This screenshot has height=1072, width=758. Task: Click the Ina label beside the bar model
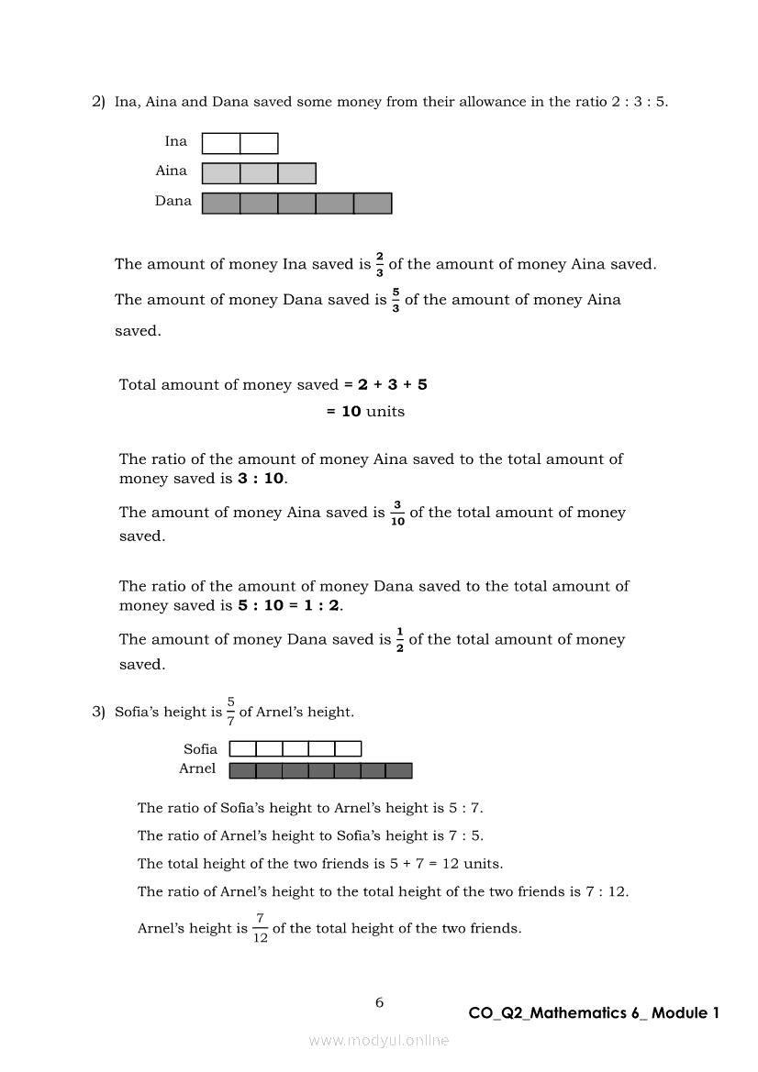coord(175,141)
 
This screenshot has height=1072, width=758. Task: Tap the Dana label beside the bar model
coord(173,201)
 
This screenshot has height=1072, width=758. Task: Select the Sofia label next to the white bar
coord(200,749)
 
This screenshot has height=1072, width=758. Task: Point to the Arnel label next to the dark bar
coord(197,768)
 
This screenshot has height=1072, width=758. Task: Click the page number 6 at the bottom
coord(379,1002)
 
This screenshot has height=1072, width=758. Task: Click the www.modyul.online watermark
coord(379,1040)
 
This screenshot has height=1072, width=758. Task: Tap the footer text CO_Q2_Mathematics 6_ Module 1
coord(594,1012)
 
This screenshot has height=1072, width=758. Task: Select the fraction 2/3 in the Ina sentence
coord(380,264)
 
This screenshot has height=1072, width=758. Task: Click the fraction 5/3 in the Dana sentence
coord(396,300)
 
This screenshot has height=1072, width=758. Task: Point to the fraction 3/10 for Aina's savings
coord(397,513)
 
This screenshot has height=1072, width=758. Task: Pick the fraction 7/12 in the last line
coord(260,928)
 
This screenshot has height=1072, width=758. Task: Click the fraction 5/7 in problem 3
coord(230,712)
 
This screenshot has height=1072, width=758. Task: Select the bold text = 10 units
coord(365,412)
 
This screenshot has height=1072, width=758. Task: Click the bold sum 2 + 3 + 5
coord(392,384)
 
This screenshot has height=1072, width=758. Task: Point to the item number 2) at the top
coord(98,102)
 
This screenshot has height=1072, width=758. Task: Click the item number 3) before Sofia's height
coord(98,712)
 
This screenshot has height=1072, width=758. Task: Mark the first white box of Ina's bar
coord(221,143)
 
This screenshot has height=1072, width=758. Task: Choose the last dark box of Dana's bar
coord(373,203)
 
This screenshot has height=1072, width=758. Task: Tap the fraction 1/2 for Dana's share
coord(400,639)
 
